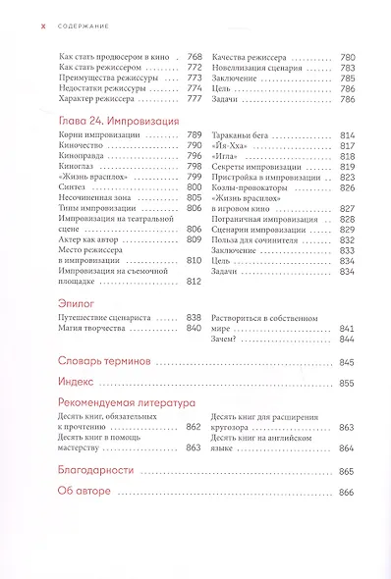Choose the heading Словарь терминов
pos(103,362)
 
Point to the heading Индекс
pos(77,383)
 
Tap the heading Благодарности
pos(97,471)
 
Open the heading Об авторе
pos(84,492)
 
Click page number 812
pos(194,280)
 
